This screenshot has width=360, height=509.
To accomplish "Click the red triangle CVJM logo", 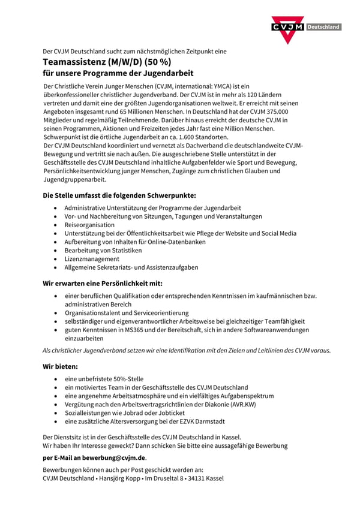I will [x=287, y=29].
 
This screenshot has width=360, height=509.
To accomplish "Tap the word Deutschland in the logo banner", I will [x=323, y=27].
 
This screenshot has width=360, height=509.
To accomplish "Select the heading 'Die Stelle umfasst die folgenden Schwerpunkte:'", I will [x=119, y=195].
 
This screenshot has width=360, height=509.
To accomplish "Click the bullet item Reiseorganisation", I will [x=89, y=225].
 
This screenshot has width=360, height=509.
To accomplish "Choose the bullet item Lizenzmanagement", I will [x=92, y=258].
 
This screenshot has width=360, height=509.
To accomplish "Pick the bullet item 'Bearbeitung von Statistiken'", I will [x=103, y=250].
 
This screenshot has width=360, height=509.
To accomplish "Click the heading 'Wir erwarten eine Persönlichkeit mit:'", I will [x=102, y=283].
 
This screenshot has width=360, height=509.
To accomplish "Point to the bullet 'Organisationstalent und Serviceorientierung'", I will [x=127, y=313].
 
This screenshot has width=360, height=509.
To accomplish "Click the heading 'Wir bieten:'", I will [x=60, y=365].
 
